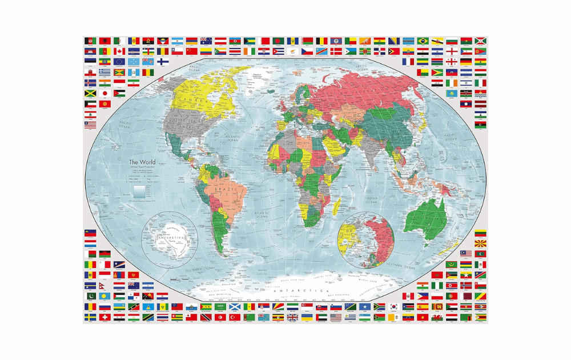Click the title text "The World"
pos(142,162)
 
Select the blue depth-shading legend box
pos(139,190)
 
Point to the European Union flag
pos(119,62)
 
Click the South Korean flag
pos(394,306)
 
